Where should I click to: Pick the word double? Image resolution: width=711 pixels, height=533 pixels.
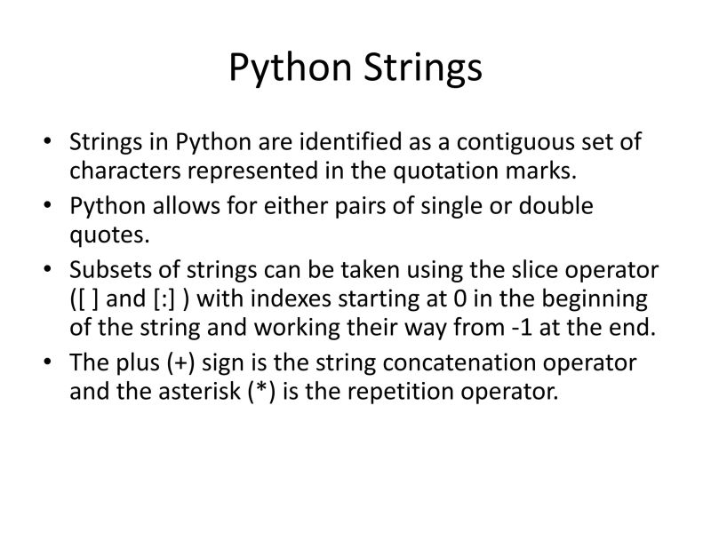tap(550, 206)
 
